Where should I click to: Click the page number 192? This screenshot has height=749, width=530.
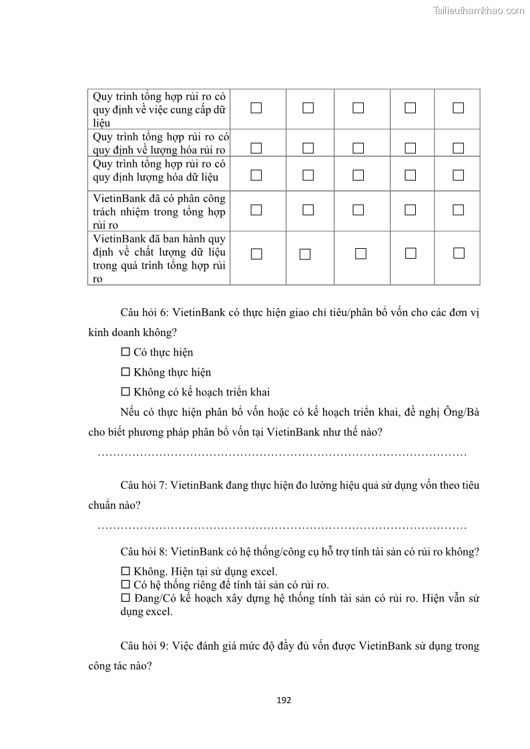(284, 700)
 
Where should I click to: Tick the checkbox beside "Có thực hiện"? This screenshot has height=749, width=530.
(125, 352)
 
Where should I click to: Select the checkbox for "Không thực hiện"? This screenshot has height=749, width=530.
(125, 372)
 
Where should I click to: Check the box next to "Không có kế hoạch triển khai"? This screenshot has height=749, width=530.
(125, 392)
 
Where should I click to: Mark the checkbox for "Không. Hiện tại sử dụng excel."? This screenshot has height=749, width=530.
(125, 572)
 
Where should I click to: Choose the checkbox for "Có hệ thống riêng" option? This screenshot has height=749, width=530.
(125, 585)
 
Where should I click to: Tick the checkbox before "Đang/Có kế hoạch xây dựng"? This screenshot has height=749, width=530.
(125, 598)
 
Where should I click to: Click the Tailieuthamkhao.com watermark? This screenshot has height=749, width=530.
(478, 10)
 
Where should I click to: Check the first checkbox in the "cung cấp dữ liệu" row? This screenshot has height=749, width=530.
(256, 108)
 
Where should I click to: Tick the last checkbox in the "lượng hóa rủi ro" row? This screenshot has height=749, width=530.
(458, 148)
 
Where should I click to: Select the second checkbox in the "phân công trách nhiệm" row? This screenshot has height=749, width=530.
(308, 210)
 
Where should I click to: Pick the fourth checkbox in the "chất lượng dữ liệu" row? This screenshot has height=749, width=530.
(411, 253)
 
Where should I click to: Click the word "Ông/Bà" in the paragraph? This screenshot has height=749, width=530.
(462, 412)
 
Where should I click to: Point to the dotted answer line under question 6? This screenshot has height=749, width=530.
(282, 454)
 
